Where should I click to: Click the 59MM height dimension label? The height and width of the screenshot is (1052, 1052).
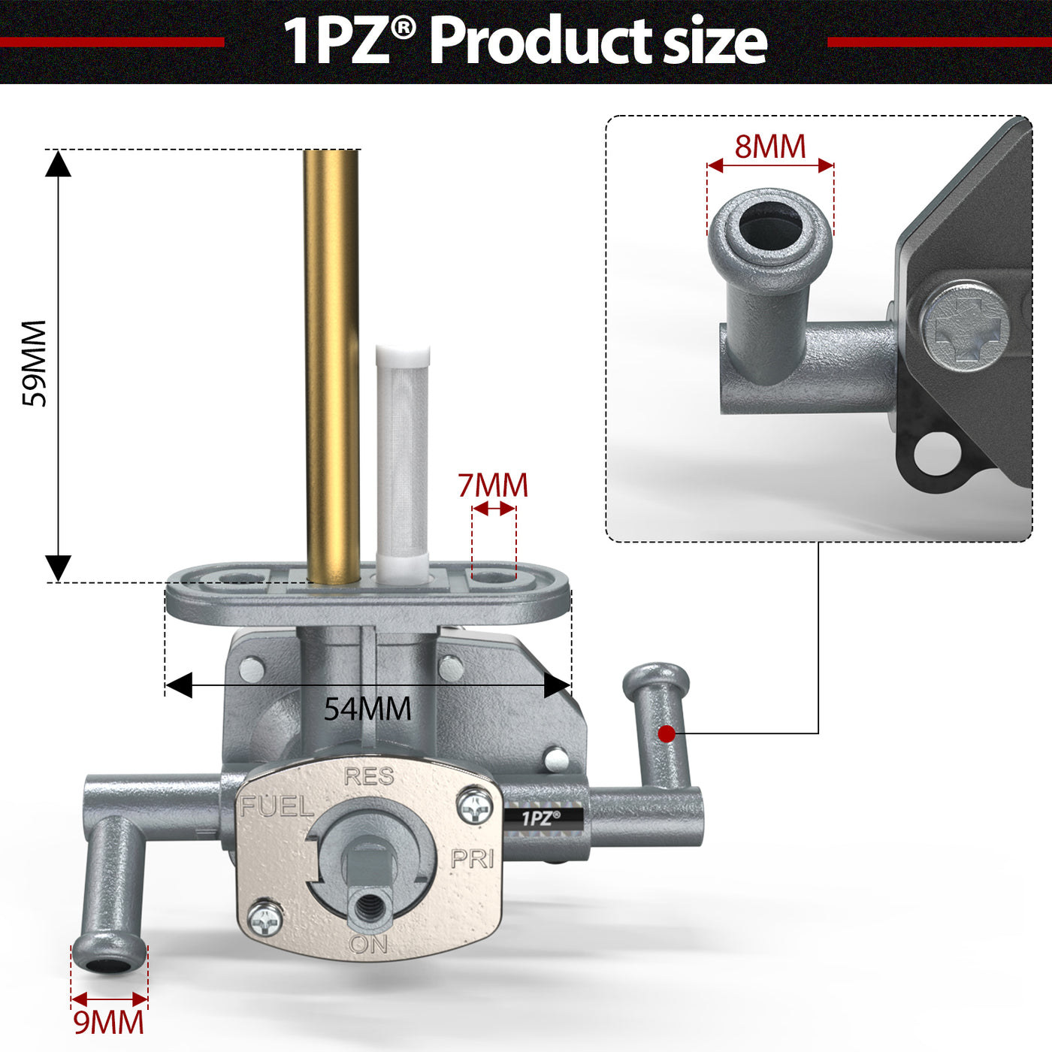pos(34,364)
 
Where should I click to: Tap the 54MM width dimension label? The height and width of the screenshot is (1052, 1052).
pos(367,709)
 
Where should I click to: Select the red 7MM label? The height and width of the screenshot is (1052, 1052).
pos(493,485)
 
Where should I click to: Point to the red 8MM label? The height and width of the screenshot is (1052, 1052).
pos(769,147)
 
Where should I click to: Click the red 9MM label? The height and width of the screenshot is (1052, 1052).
pos(109,1023)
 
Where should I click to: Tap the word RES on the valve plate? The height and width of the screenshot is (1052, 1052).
pos(369,776)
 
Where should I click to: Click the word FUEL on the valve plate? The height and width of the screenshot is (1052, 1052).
pos(277,806)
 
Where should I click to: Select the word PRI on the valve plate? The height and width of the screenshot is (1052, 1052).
pos(473,860)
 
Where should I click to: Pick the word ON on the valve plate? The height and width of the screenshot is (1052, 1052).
pos(368,944)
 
